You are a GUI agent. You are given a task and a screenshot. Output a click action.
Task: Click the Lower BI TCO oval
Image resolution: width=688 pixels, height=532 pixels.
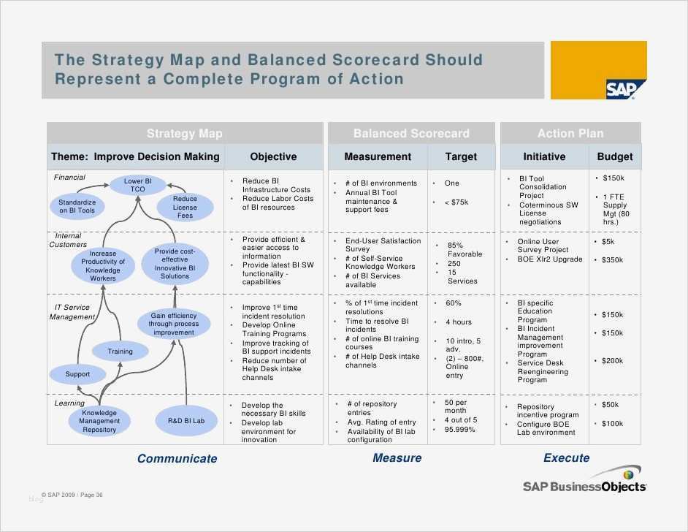pos(138,185)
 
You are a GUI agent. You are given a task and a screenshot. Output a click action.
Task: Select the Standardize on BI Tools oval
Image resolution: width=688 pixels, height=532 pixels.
pos(77,206)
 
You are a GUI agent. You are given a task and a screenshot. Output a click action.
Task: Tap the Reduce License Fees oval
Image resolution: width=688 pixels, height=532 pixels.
pos(185,207)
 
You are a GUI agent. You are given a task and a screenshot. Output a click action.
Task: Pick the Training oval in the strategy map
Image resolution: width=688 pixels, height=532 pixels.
pos(121,351)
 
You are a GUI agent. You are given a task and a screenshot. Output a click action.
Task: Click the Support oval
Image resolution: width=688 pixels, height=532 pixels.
pos(77,374)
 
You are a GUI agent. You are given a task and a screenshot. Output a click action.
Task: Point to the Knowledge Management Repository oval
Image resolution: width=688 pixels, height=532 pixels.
pos(99,421)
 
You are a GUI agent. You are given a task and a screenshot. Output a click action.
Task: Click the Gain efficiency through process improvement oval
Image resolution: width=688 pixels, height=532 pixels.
pos(174,324)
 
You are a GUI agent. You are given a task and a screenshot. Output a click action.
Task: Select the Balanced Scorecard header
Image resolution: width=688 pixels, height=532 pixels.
pos(411,134)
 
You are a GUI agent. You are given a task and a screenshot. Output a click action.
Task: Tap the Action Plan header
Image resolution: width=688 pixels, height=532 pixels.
pos(570,134)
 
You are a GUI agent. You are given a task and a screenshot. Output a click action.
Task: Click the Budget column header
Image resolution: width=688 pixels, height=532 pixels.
pos(614,156)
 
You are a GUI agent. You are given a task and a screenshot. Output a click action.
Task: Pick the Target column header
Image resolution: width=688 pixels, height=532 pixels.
pos(461,156)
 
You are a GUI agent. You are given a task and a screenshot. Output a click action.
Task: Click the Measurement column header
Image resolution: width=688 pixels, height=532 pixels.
pos(378,156)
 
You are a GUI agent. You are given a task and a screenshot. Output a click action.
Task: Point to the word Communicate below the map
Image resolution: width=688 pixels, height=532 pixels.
pos(177,458)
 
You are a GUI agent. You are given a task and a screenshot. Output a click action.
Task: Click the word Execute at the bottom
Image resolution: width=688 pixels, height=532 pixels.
pos(566,457)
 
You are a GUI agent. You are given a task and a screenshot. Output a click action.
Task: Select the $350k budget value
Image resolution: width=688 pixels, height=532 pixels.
pos(612,259)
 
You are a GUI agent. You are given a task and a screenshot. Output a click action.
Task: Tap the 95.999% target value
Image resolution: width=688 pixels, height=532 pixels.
pos(460,430)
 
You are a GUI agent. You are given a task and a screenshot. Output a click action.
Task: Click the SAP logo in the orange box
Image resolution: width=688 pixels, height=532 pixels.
pos(620,89)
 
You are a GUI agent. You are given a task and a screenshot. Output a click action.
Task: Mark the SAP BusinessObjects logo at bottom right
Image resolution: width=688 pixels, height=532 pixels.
pos(584,485)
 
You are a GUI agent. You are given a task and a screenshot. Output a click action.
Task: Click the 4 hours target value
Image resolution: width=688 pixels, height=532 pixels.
pos(459,322)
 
